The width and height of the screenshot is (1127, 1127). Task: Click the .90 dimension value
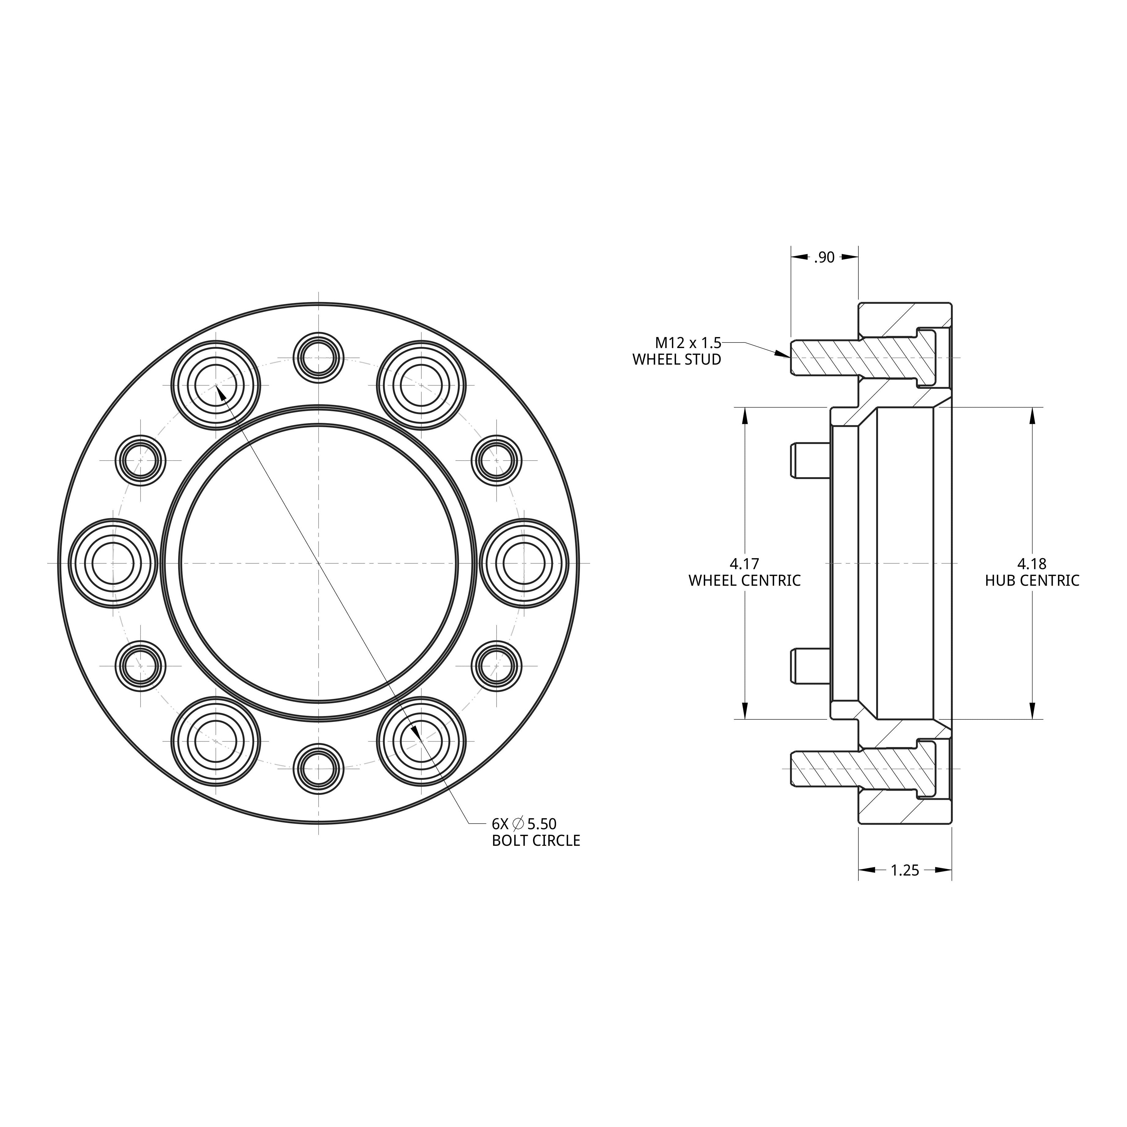[824, 257]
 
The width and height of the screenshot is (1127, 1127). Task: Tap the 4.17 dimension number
[744, 564]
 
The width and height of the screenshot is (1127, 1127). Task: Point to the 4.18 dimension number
[1032, 564]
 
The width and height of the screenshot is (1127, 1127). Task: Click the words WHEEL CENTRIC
[744, 581]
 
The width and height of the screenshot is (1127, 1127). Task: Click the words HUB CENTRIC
[1032, 581]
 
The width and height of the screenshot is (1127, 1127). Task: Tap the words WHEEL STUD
[677, 359]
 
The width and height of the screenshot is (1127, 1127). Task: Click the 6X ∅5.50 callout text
[524, 824]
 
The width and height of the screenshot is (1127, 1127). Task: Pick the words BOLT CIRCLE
[535, 841]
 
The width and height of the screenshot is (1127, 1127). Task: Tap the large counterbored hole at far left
[113, 563]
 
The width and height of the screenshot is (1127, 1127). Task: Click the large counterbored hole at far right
[524, 563]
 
